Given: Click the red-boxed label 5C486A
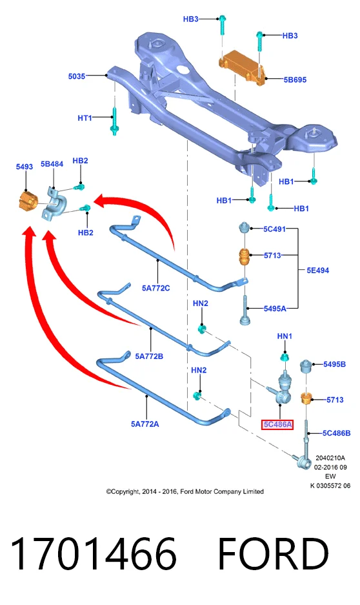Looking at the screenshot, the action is coord(277,425).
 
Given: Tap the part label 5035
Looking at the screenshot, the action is coord(76,76).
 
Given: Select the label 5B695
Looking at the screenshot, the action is coord(295,80).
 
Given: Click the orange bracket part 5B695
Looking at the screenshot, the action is coord(242,67).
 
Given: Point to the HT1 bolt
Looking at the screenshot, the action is coord(114,121).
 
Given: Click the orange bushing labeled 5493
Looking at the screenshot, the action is coord(28,200).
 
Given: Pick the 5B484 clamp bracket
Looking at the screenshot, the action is coord(54,204).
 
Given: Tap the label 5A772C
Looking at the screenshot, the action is coord(155,288).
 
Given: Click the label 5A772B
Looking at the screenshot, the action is coord(149,356).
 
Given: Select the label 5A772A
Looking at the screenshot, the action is coord(145,424).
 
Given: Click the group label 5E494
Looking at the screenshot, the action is coord(317,271).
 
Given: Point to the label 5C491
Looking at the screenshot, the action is coord(274,229).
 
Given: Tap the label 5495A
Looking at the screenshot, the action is coord(275,309).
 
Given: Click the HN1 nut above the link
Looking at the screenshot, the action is coord(285,357).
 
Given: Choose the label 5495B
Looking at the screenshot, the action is coord(334,364).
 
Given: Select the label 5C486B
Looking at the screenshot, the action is coord(337,433).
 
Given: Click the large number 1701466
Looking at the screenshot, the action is coord(94,554).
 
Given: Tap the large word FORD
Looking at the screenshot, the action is coord(274,554).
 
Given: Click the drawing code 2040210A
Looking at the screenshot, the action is coord(330,458).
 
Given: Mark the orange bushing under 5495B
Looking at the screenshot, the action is coord(306,398).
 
